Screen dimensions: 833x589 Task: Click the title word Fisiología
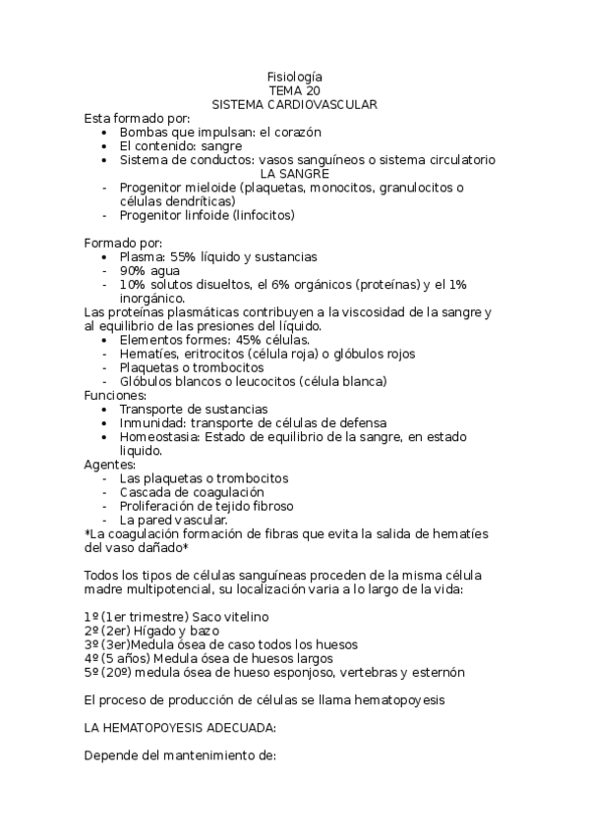pyautogui.click(x=294, y=77)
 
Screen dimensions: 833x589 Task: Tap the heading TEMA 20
pyautogui.click(x=294, y=90)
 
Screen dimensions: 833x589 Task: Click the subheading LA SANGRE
pyautogui.click(x=294, y=173)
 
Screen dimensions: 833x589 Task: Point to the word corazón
pyautogui.click(x=297, y=132)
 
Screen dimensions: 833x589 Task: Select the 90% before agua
pyautogui.click(x=133, y=270)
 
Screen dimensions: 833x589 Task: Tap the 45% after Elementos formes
pyautogui.click(x=236, y=339)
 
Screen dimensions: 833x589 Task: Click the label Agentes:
pyautogui.click(x=110, y=464)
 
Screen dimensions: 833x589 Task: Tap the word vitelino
pyautogui.click(x=242, y=616)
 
